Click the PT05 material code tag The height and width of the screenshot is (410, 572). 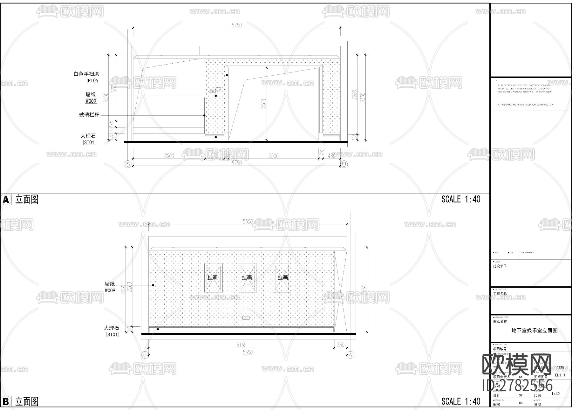[93, 81]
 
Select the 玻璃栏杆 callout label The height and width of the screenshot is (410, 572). [89, 115]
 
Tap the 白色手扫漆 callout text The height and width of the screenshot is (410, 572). [86, 74]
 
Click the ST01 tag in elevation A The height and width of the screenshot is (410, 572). [89, 142]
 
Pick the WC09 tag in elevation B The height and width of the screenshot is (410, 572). [110, 290]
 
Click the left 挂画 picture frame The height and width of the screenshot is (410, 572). [213, 277]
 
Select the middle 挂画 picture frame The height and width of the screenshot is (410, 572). [247, 277]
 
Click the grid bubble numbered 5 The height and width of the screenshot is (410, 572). [128, 164]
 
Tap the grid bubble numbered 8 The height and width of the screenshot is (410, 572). [344, 164]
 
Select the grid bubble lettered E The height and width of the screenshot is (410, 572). [145, 355]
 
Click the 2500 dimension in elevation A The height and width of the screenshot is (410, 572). [273, 156]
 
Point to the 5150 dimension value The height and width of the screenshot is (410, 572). [241, 345]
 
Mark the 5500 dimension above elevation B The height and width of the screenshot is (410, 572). [248, 222]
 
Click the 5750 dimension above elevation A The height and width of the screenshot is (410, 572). [236, 25]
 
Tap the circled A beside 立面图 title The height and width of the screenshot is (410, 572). [6, 200]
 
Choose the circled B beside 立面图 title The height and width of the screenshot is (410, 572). [6, 402]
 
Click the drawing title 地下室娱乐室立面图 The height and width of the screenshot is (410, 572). [534, 331]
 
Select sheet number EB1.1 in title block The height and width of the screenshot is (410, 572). [560, 375]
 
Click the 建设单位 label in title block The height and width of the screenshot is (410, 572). [500, 266]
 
